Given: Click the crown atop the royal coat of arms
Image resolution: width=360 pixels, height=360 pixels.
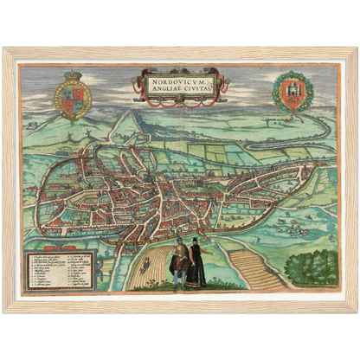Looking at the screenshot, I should point(73,75).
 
